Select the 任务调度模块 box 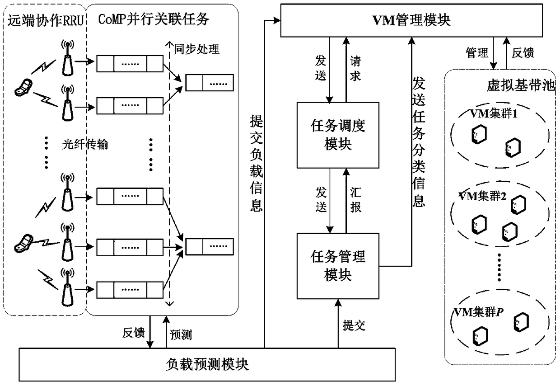[338, 135]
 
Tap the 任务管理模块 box [338, 265]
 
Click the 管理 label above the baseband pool [477, 53]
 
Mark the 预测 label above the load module [181, 334]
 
